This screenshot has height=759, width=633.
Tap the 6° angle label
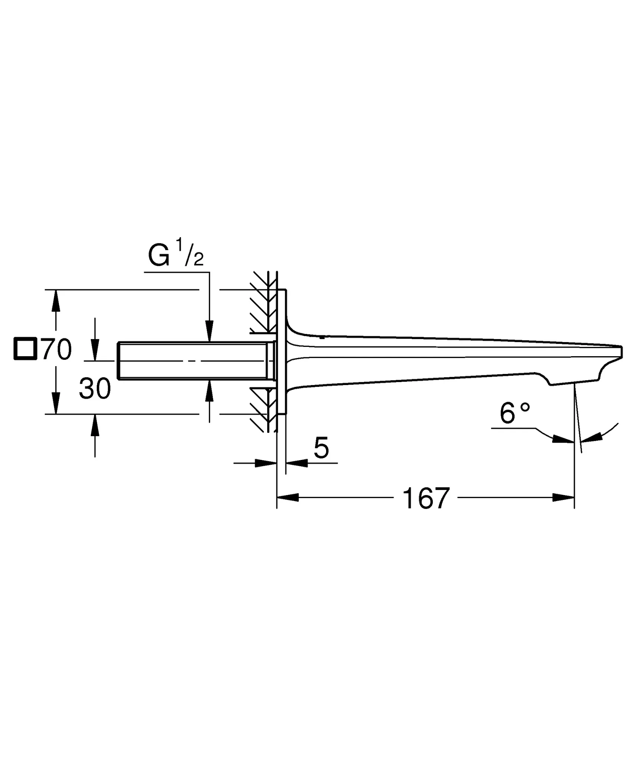pyautogui.click(x=514, y=414)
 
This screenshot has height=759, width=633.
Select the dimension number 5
pyautogui.click(x=321, y=448)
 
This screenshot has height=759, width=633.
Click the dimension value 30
pyautogui.click(x=95, y=389)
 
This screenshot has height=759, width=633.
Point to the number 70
pyautogui.click(x=57, y=349)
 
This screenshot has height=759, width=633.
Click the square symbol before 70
pyautogui.click(x=25, y=349)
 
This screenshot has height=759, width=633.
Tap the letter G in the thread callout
pyautogui.click(x=159, y=256)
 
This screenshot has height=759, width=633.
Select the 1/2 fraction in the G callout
pyautogui.click(x=189, y=253)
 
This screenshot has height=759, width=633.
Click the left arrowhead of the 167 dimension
pyautogui.click(x=288, y=498)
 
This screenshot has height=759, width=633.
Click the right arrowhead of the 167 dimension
pyautogui.click(x=563, y=498)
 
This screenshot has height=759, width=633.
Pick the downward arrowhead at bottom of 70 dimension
pyautogui.click(x=56, y=403)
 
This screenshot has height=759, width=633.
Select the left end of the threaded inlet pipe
pyautogui.click(x=119, y=361)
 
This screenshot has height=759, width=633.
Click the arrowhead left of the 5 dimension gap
pyautogui.click(x=266, y=463)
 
